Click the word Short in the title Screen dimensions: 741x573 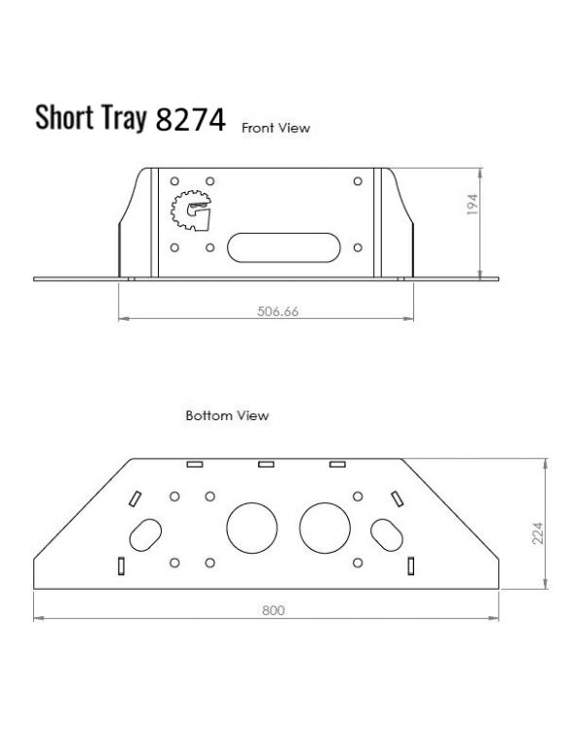64,117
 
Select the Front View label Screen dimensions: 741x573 276,127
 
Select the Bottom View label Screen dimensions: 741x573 227,415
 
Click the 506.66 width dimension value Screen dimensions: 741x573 278,312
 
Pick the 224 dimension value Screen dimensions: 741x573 537,532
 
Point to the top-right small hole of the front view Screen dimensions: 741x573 358,181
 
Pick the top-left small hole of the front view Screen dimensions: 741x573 174,181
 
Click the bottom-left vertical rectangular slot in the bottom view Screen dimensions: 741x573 120,565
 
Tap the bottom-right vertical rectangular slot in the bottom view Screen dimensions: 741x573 411,565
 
